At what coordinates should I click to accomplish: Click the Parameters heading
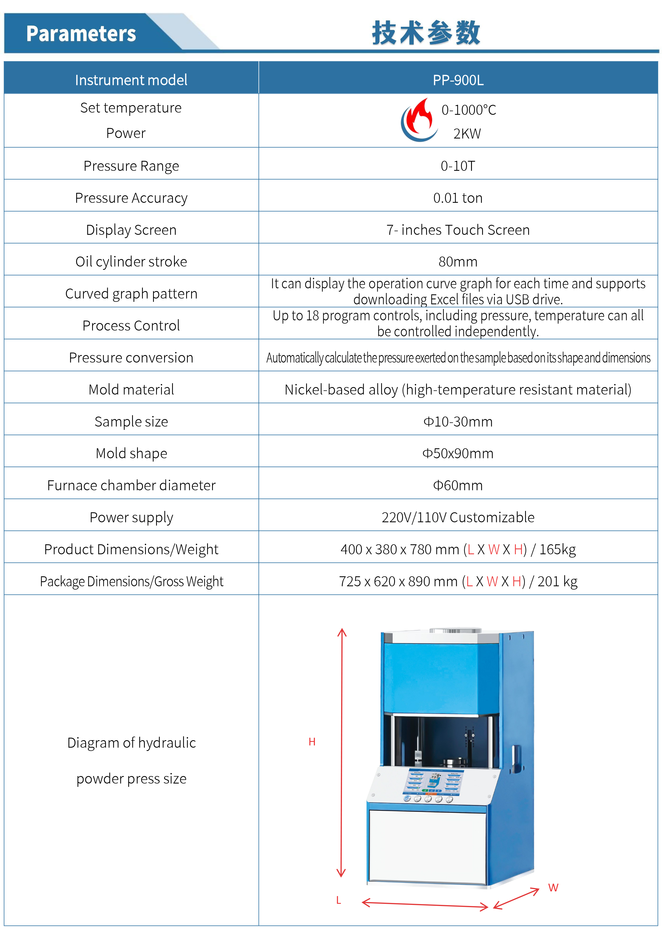[81, 33]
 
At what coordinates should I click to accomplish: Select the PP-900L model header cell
[458, 80]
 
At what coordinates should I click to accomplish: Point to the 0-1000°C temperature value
[469, 110]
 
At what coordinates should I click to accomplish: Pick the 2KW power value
[467, 134]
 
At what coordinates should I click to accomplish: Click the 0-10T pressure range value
[458, 166]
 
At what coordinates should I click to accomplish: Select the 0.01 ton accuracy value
[458, 198]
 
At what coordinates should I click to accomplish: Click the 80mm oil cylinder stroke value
[458, 262]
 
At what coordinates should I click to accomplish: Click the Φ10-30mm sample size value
[458, 422]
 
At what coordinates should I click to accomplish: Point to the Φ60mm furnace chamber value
[458, 485]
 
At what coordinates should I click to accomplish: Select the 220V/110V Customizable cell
[458, 518]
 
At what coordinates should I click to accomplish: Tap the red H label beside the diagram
[312, 742]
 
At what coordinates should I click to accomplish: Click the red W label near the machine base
[553, 887]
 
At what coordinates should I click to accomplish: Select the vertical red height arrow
[341, 752]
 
